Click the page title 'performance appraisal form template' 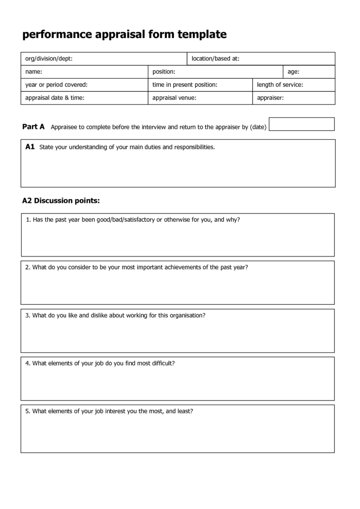pyautogui.click(x=125, y=34)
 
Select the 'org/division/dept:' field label pyautogui.click(x=49, y=59)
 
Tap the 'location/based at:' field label pyautogui.click(x=216, y=59)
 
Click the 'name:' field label pyautogui.click(x=34, y=72)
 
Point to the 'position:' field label pyautogui.click(x=164, y=72)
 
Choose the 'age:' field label pyautogui.click(x=293, y=72)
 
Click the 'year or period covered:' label pyautogui.click(x=56, y=85)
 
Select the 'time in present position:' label pyautogui.click(x=185, y=85)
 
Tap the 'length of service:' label pyautogui.click(x=280, y=85)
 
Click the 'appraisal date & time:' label pyautogui.click(x=55, y=98)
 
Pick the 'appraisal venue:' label pyautogui.click(x=174, y=98)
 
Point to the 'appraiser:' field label pyautogui.click(x=270, y=98)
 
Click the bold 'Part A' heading pyautogui.click(x=33, y=127)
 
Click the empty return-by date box pyautogui.click(x=301, y=124)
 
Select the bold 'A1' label pyautogui.click(x=30, y=147)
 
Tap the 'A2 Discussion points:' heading pyautogui.click(x=61, y=201)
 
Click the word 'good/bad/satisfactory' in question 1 pyautogui.click(x=125, y=219)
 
